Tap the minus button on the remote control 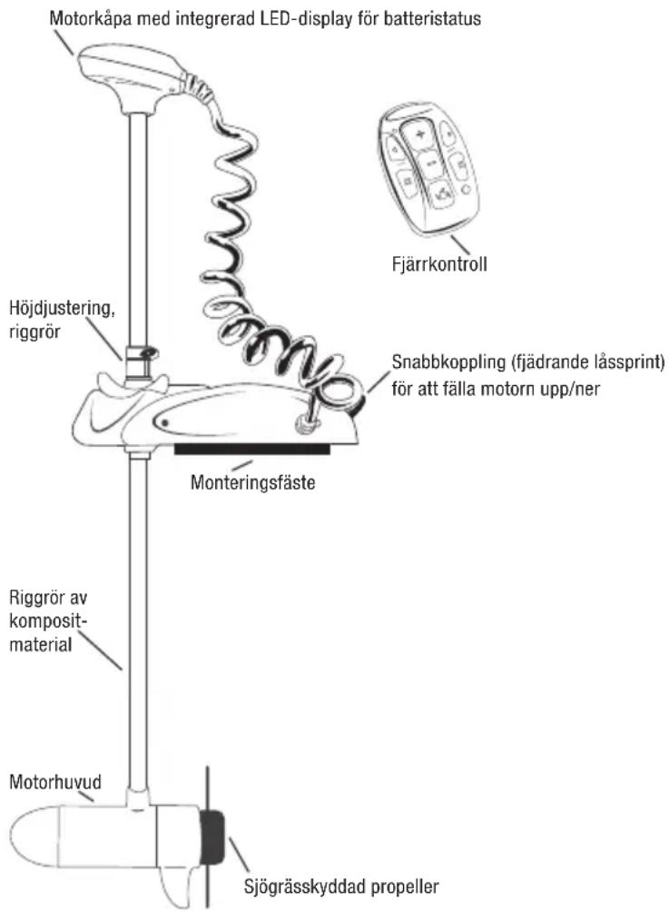[x=431, y=164]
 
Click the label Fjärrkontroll [x=439, y=264]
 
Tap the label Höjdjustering [x=62, y=309]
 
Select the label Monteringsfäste [x=252, y=482]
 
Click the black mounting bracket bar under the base [x=252, y=449]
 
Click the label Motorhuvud [x=55, y=782]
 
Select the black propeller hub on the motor [x=212, y=836]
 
